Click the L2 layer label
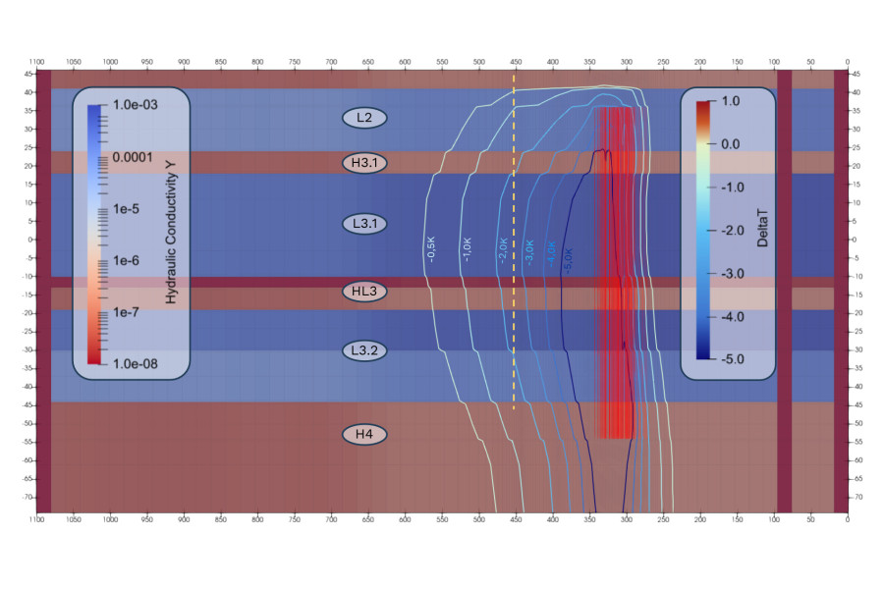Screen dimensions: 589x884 coord(364,118)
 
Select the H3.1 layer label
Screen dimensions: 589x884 coord(364,161)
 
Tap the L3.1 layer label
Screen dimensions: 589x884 coord(364,223)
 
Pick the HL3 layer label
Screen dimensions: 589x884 coord(364,292)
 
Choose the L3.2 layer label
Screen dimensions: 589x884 coord(364,349)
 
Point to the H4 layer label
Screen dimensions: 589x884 coord(364,433)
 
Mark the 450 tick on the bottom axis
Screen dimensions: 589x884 coord(442,519)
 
